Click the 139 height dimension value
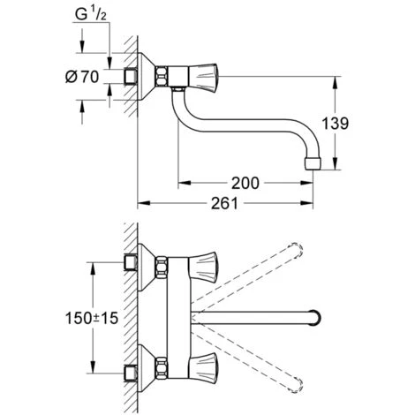(335, 123)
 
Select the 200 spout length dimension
(245, 183)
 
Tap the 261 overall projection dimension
(224, 203)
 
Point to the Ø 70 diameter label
(82, 77)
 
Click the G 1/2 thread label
(90, 15)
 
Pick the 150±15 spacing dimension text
(92, 318)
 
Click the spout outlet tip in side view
(313, 163)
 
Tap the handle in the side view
(203, 77)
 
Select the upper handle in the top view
(203, 267)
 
